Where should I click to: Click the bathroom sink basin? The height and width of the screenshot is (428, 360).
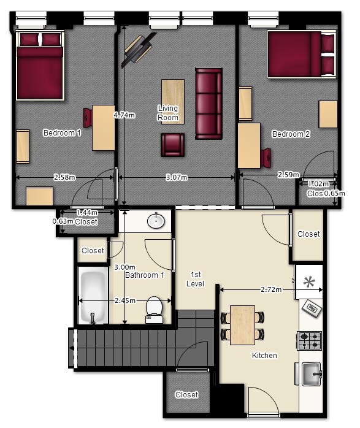[156, 220]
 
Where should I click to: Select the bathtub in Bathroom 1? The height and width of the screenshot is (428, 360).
[93, 296]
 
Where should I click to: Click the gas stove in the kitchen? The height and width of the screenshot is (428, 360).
[309, 341]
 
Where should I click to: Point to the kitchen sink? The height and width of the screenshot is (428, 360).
[311, 373]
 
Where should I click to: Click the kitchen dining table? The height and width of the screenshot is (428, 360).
[242, 325]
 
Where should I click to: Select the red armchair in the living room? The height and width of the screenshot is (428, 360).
[172, 145]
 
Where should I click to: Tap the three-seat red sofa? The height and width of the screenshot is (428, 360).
[209, 104]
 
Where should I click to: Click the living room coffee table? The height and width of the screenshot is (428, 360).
[173, 102]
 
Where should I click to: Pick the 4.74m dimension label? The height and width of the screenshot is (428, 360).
[124, 115]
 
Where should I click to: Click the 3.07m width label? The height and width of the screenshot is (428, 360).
[177, 177]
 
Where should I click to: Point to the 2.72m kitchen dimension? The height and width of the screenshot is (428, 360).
[271, 289]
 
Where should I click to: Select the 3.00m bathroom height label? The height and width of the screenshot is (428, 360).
[124, 267]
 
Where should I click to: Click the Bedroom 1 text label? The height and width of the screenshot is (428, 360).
[62, 133]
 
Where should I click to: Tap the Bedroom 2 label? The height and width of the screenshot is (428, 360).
[291, 134]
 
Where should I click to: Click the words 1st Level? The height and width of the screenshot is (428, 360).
[196, 279]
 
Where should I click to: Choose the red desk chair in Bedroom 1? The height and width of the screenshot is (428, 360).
[88, 118]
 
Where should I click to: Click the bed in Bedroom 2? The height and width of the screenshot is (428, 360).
[302, 55]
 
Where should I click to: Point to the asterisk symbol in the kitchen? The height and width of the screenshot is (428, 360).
[309, 282]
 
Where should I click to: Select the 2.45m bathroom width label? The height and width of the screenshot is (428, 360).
[125, 301]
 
